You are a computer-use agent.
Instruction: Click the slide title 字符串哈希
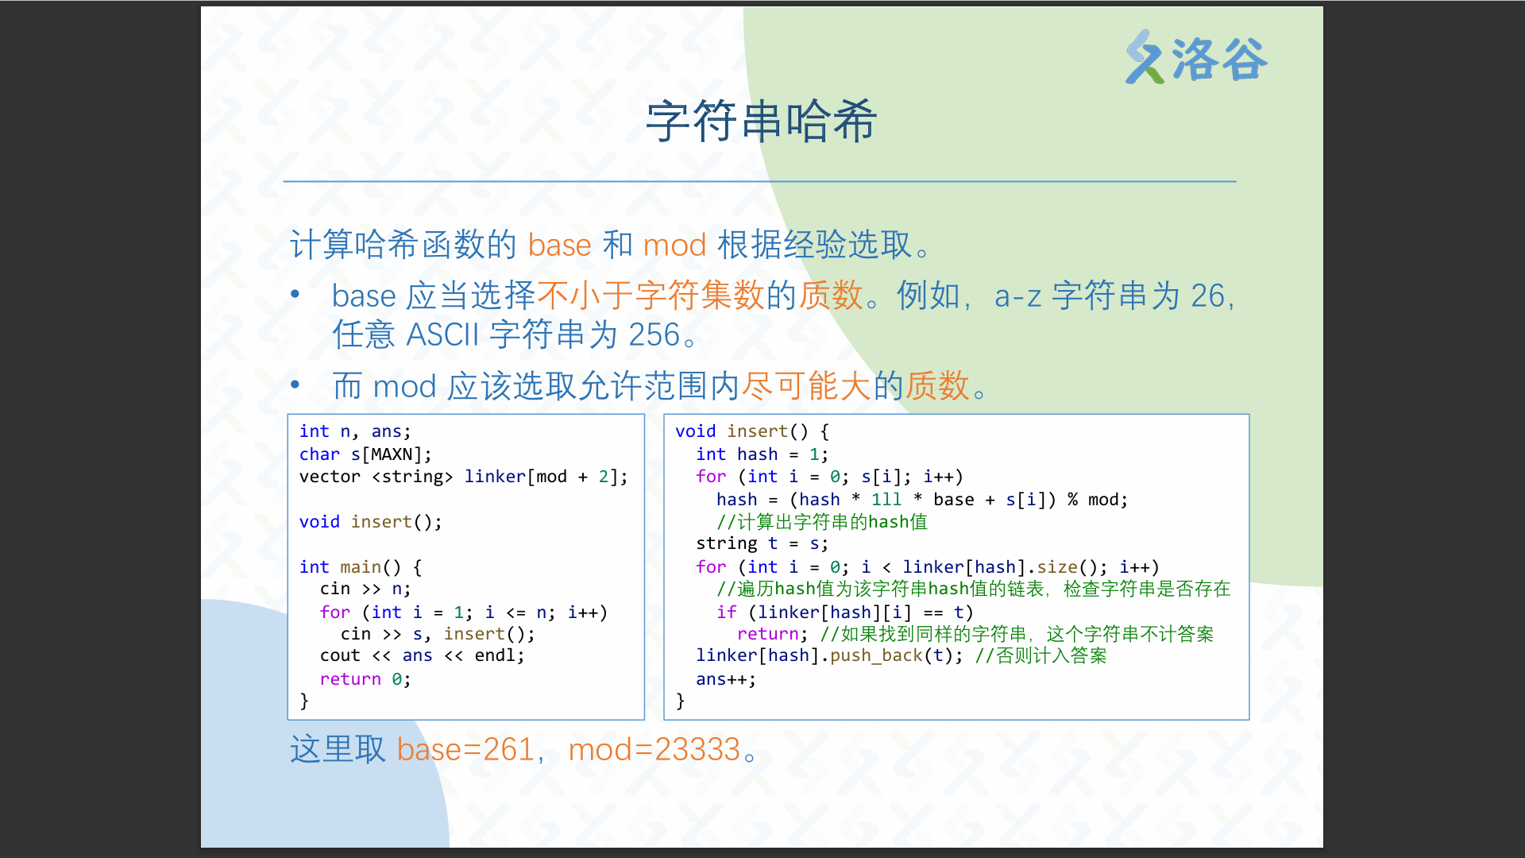(762, 122)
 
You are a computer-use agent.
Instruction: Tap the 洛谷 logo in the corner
(1196, 58)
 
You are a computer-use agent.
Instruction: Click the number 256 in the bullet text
(654, 334)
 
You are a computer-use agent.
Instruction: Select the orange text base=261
(465, 749)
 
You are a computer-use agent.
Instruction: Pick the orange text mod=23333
(654, 749)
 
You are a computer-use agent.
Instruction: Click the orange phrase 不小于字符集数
(651, 296)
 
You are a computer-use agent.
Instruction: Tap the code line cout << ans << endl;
(422, 656)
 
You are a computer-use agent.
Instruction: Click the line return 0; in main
(365, 679)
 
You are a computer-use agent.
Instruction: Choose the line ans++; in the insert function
(726, 679)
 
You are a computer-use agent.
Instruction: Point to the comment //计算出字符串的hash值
(822, 522)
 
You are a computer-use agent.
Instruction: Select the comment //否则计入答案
(1040, 656)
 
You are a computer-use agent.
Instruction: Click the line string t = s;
(762, 543)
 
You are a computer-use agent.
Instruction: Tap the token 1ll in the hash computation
(886, 500)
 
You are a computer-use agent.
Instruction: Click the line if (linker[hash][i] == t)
(844, 613)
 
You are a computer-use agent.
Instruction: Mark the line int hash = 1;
(762, 454)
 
